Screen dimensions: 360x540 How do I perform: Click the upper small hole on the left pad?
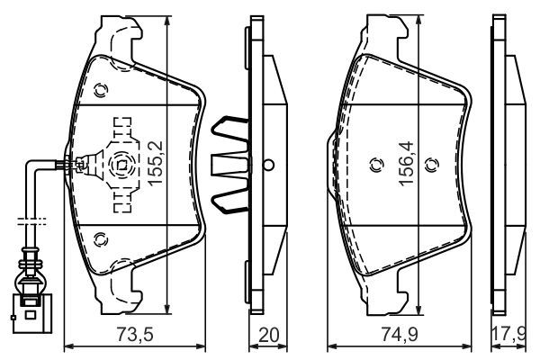[100, 89]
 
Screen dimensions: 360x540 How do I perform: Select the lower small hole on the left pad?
[100, 238]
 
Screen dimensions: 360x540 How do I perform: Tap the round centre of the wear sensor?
[121, 164]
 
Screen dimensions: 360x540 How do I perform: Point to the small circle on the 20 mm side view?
[267, 164]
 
